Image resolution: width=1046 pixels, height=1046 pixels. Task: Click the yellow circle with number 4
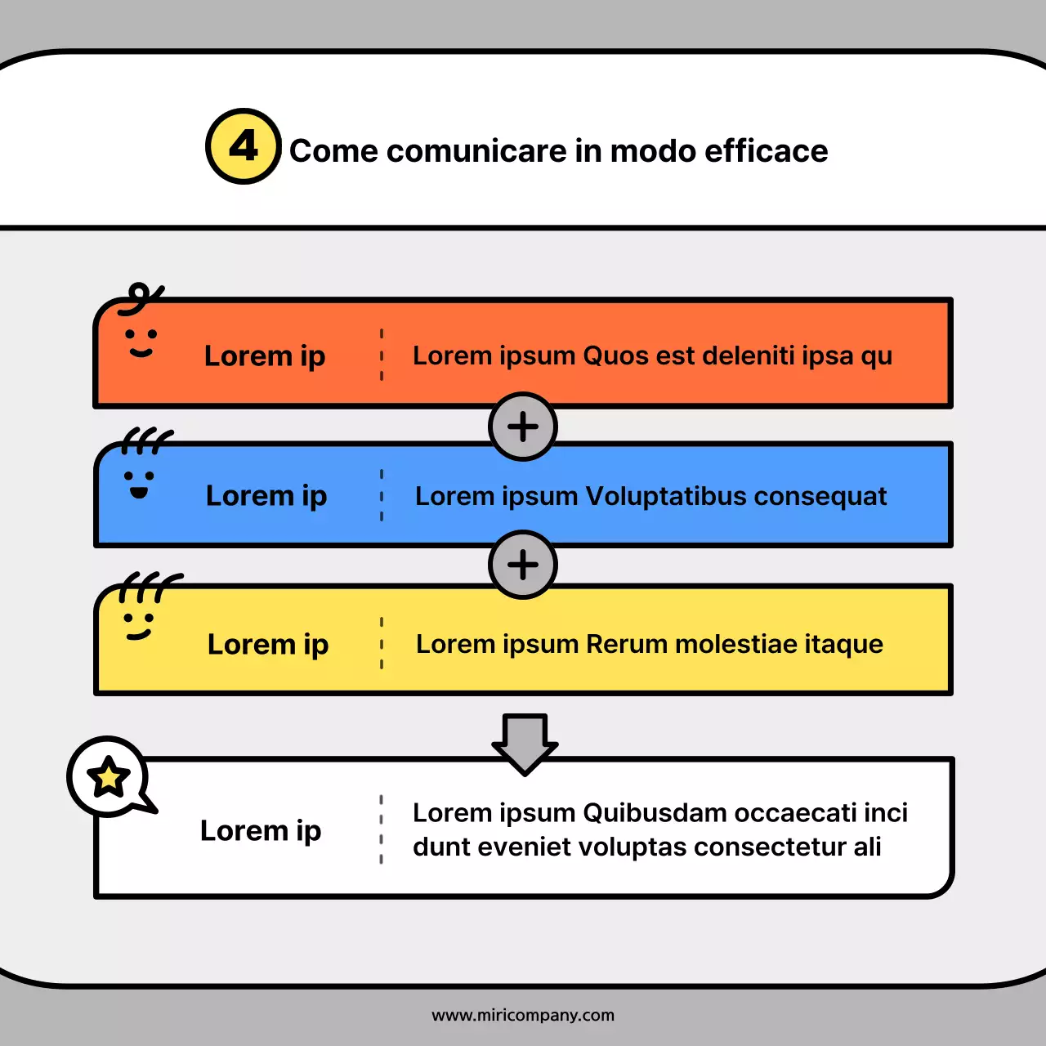(244, 146)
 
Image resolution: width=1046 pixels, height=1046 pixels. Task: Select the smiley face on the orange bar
(141, 342)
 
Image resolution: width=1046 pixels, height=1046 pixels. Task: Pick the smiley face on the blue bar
(139, 482)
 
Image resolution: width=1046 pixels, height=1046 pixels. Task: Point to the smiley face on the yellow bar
(138, 625)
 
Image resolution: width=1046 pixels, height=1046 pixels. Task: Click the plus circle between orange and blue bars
(523, 427)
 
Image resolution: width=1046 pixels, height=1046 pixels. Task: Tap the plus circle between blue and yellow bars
(523, 565)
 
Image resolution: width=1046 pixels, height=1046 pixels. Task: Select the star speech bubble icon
(109, 777)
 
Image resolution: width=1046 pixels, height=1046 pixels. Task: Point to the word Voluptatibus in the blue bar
(666, 496)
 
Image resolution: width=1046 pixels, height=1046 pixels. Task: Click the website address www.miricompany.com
(523, 1015)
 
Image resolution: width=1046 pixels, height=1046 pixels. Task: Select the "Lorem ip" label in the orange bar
(265, 356)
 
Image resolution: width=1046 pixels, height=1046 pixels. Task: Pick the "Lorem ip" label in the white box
(261, 830)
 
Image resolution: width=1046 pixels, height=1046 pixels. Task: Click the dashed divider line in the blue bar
(382, 495)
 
